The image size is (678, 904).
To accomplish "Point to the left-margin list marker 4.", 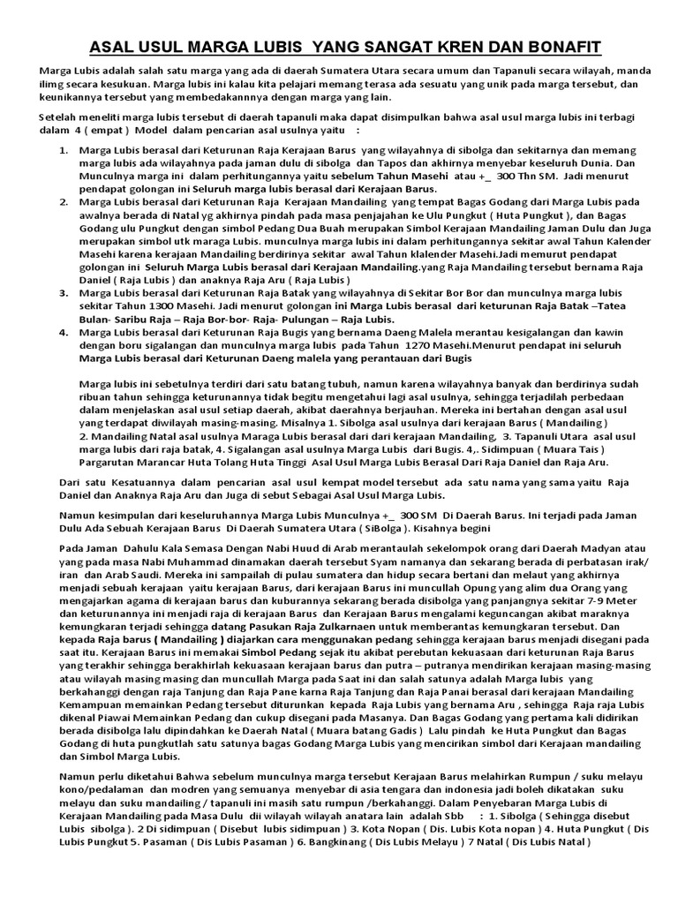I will (64, 333).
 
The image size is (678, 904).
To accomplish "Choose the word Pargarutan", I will (109, 461).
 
